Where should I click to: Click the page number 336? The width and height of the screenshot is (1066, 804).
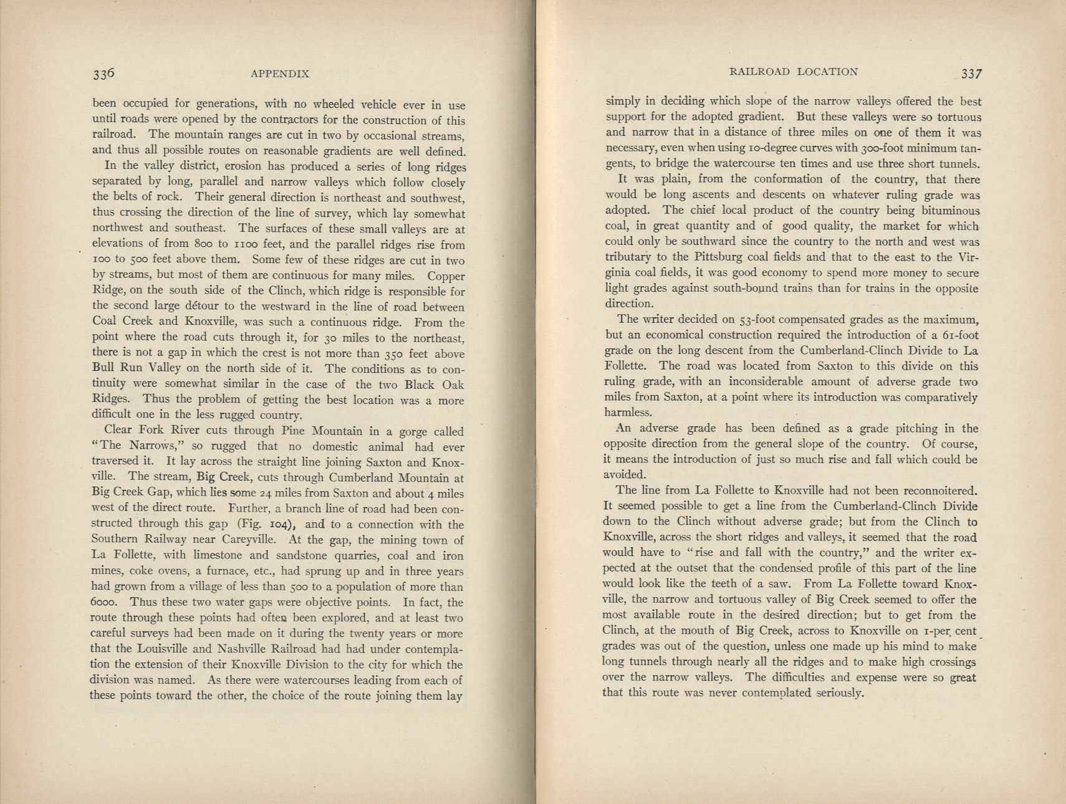click(103, 74)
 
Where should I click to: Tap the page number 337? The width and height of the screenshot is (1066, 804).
click(971, 73)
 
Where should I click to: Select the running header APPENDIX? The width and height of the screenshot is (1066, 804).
click(280, 74)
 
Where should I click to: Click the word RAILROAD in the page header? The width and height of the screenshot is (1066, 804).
click(757, 72)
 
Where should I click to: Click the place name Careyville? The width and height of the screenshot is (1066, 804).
click(246, 540)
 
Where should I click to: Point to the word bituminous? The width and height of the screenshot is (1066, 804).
click(948, 211)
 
